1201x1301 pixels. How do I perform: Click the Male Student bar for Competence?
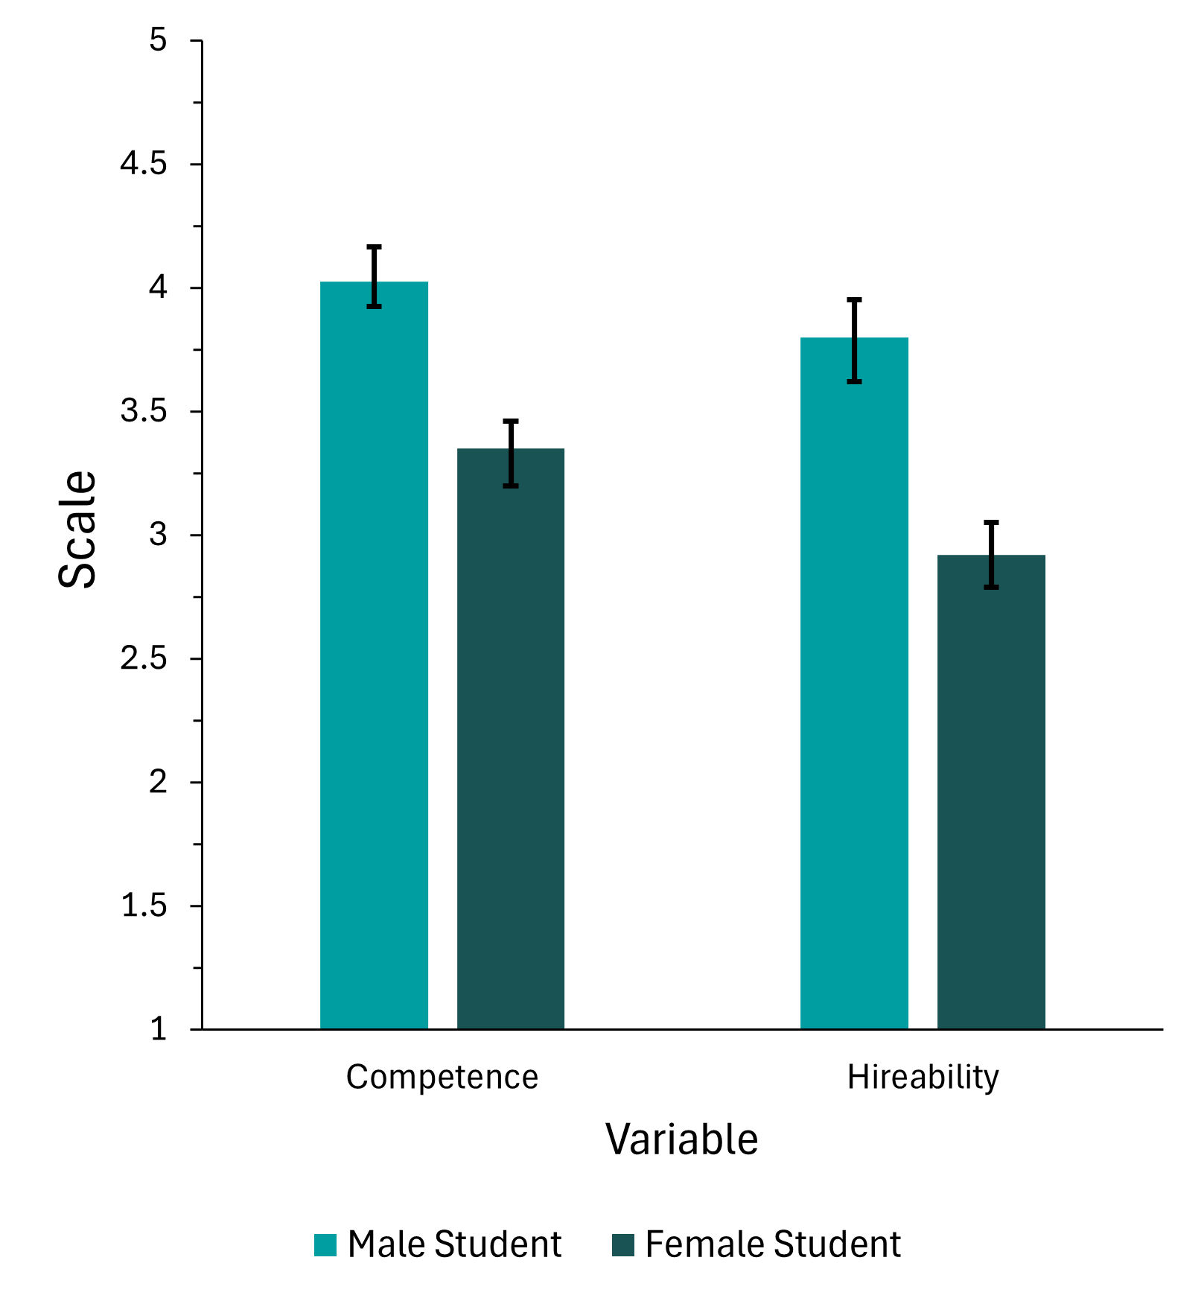point(374,655)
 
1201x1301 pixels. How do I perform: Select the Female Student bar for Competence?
point(510,737)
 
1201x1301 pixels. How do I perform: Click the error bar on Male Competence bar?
point(375,276)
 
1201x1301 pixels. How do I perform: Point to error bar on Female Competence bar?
point(511,453)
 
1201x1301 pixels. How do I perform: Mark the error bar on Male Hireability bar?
point(855,340)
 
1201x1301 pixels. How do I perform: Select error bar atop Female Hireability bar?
point(991,555)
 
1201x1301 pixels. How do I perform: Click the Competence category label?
point(442,1078)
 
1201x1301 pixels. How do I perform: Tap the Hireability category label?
point(923,1078)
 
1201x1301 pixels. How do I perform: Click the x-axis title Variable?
point(681,1139)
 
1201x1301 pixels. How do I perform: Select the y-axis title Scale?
point(77,529)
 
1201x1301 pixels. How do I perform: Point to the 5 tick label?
point(158,40)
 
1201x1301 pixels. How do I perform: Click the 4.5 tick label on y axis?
point(144,164)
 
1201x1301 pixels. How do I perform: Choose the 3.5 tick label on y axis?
point(144,411)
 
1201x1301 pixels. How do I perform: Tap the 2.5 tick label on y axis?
point(144,658)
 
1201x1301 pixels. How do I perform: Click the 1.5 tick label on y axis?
point(144,906)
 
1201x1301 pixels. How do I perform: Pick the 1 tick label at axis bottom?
point(158,1029)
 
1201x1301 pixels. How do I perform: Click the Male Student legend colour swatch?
point(325,1245)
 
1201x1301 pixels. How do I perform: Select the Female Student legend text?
point(772,1245)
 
